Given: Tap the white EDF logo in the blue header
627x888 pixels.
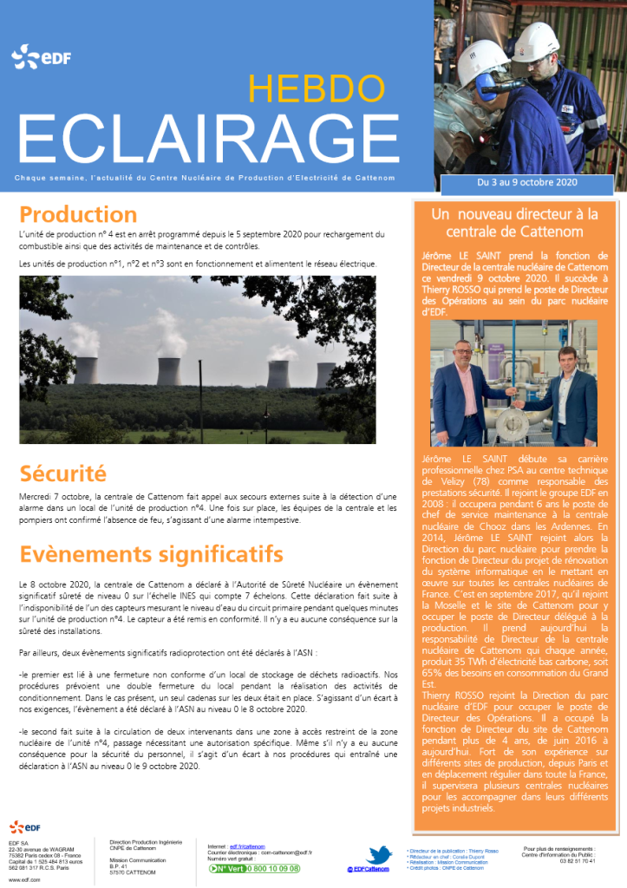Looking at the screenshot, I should [36, 59].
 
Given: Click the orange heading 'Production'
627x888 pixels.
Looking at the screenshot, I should [78, 213].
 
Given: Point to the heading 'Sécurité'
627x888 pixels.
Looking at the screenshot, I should [62, 473].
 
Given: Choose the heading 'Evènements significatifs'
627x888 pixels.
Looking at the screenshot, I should [151, 553].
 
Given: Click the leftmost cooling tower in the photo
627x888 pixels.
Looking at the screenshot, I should [85, 369].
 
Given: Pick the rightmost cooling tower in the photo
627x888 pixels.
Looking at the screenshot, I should [324, 374].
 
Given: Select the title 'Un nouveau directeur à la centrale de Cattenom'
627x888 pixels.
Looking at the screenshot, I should [514, 222].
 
